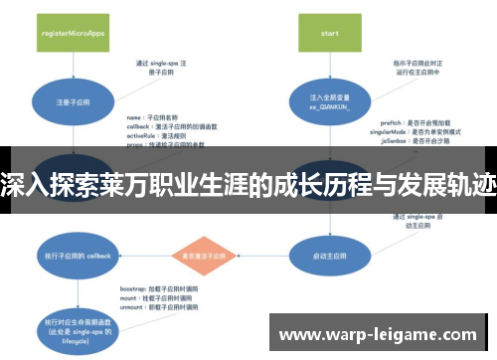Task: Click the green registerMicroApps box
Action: [x=74, y=32]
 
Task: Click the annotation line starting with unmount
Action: [x=149, y=307]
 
